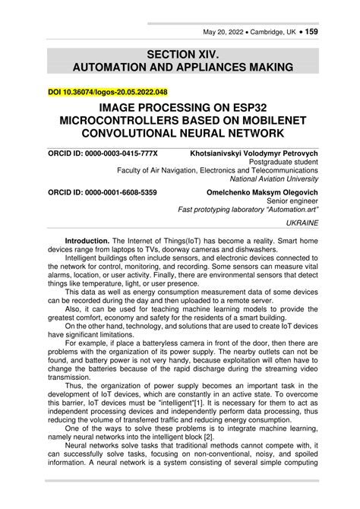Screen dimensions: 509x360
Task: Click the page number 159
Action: (x=311, y=33)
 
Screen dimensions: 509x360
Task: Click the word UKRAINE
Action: (x=302, y=225)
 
